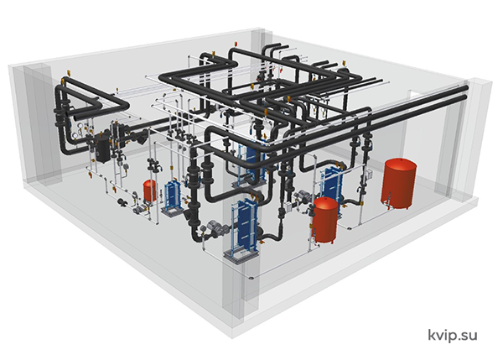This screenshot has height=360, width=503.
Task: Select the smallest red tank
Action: point(149,190)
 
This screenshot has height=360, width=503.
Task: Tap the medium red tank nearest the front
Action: point(325,220)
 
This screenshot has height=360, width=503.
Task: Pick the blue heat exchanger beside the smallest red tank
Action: point(173,196)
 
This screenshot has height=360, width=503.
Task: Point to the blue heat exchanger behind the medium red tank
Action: point(334,183)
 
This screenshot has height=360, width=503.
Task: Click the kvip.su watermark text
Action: point(453,336)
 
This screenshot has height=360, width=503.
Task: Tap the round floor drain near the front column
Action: point(251,278)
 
